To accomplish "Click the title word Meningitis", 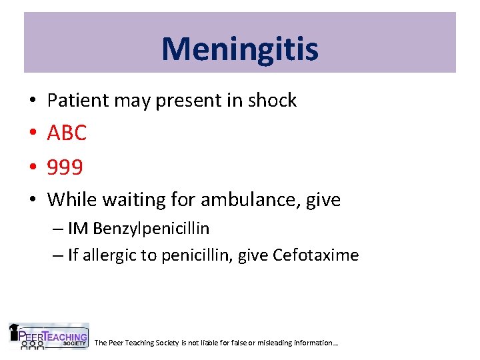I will pos(239,49).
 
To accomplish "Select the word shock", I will pos(272,101).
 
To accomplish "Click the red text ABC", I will pos(67,133).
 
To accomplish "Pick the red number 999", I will pos(65,167).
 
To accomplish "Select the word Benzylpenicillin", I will pos(151,229).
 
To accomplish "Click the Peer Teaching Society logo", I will pos(48,337).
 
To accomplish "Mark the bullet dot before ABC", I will pos(32,134).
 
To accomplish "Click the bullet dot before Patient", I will pos(32,101).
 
